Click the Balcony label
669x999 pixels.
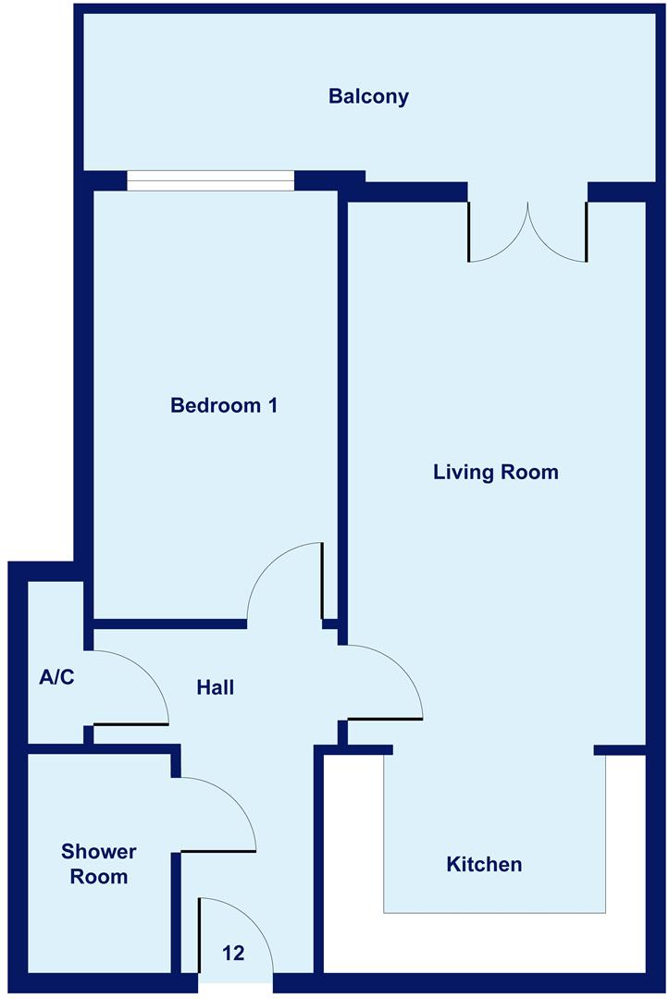[x=368, y=97]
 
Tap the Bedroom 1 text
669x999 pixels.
[x=224, y=405]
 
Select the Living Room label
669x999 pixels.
[x=496, y=472]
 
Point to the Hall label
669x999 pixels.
[x=216, y=687]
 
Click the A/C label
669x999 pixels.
[x=56, y=676]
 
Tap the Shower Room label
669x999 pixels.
[x=99, y=864]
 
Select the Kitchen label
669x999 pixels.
[x=484, y=865]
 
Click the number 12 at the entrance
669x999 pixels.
[x=233, y=953]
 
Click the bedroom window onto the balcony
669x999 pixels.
[x=210, y=181]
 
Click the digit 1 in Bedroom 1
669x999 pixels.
[x=273, y=405]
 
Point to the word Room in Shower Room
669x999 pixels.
[x=99, y=877]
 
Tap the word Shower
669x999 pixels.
[x=99, y=852]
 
